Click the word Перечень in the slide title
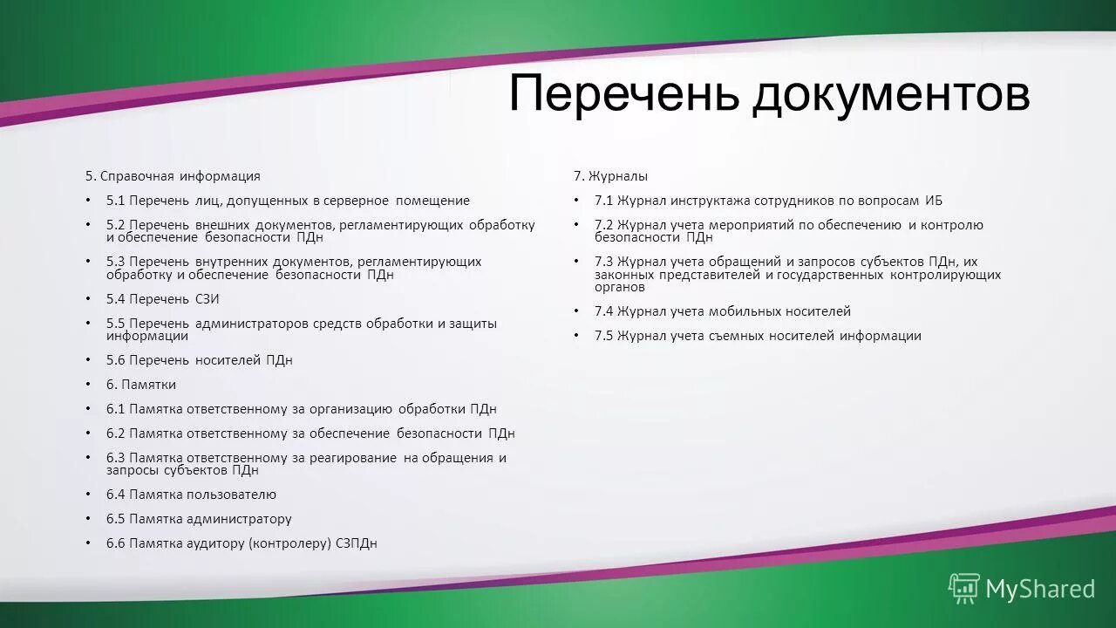click(623, 94)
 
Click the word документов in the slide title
click(890, 94)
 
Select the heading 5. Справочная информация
click(173, 176)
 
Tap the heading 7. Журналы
click(610, 176)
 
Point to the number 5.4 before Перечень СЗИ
click(116, 299)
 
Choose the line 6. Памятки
click(141, 385)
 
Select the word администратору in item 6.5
click(239, 519)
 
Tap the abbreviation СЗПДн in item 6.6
click(357, 543)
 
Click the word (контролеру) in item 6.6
click(289, 543)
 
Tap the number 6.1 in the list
click(116, 409)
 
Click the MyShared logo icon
click(963, 589)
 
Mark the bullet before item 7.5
click(575, 336)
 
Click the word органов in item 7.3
click(620, 287)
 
